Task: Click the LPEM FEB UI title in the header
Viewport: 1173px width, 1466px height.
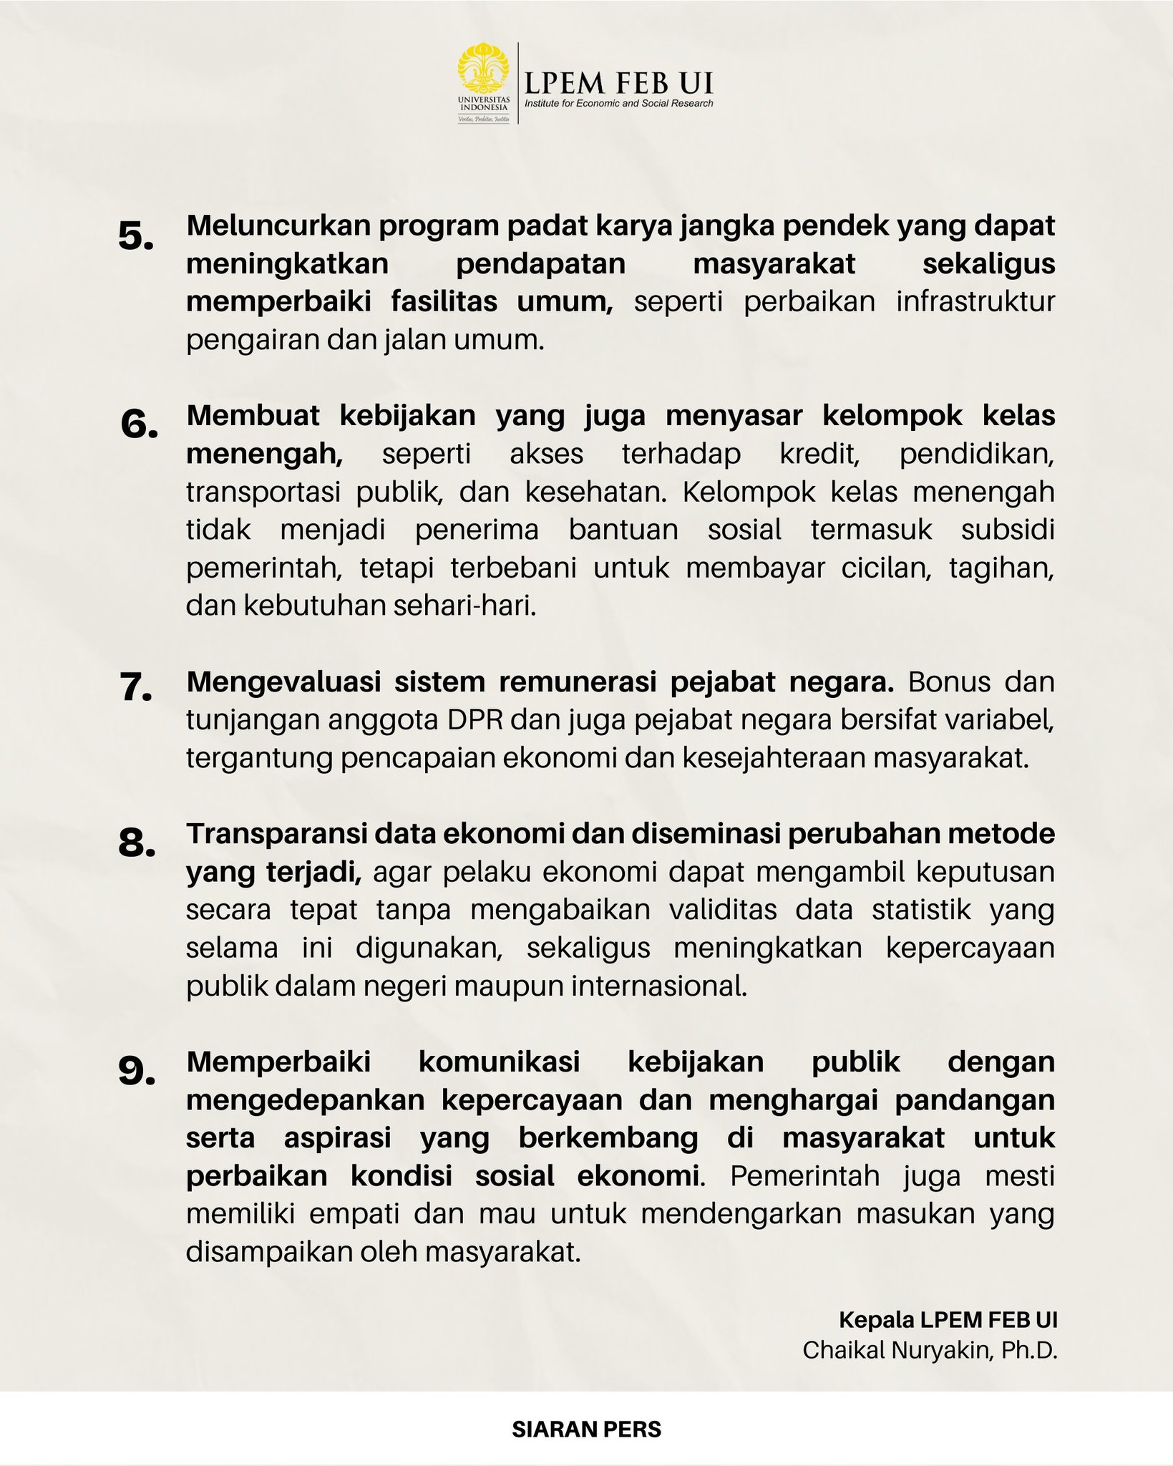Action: coord(618,83)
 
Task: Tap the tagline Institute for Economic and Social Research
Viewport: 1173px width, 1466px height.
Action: coord(618,104)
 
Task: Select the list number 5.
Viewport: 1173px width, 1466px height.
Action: coord(136,236)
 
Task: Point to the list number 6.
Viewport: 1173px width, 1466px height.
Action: coord(139,425)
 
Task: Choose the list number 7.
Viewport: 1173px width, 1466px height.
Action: coord(137,688)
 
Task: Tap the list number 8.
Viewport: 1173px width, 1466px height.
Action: coord(137,843)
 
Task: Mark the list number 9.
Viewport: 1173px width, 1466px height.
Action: coord(137,1070)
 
